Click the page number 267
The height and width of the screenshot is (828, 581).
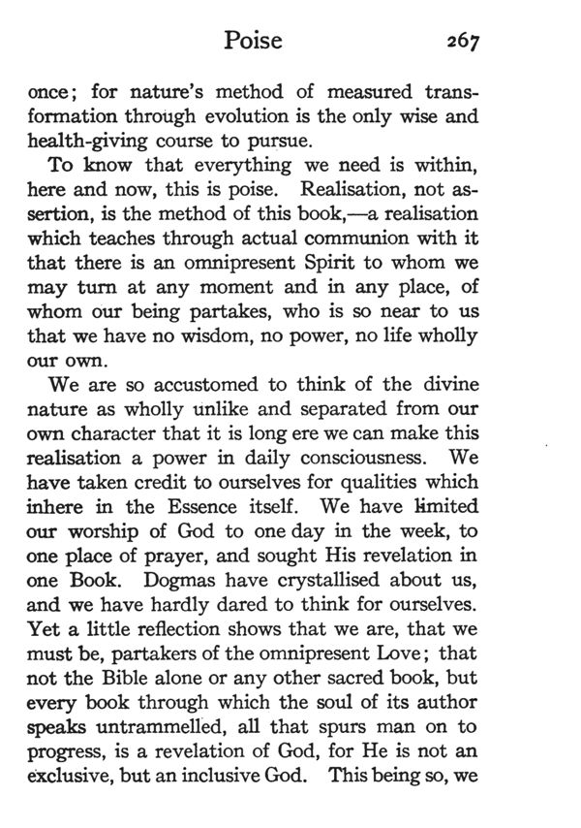click(458, 41)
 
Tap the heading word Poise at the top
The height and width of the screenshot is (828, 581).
click(253, 40)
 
